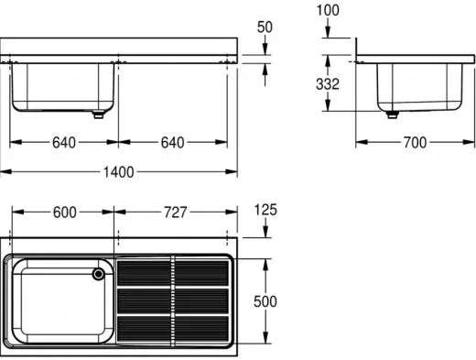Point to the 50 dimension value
(265, 27)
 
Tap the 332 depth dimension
(328, 84)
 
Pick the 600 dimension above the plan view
(64, 212)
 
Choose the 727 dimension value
(174, 212)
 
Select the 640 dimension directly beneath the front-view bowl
(64, 142)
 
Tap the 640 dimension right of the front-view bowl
(173, 142)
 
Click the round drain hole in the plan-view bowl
(99, 273)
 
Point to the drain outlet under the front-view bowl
(96, 115)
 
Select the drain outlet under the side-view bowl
(393, 115)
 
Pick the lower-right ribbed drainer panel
(201, 327)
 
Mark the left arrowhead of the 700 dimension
(360, 142)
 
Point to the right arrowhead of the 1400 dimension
(234, 171)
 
